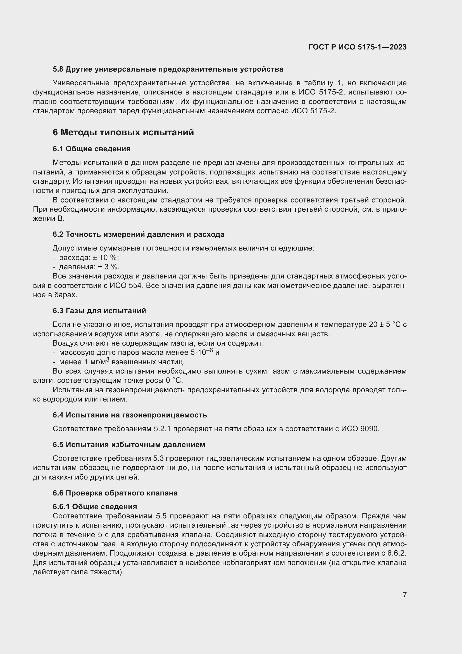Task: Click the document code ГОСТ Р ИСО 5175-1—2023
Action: pos(357,47)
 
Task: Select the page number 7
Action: pos(404,595)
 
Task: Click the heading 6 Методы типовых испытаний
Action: pos(123,133)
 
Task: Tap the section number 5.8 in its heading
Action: pos(58,69)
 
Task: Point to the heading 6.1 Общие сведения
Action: pos(92,149)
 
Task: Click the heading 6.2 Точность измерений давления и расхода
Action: pos(138,234)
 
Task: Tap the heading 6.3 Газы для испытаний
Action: pos(99,311)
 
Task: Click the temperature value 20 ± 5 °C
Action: pos(384,325)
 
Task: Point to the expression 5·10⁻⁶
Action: pos(202,352)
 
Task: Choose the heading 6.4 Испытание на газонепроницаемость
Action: pos(130,415)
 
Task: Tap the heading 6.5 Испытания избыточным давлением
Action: pos(128,445)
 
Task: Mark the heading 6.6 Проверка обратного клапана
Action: pos(115,493)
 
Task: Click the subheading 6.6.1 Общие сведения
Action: pos(95,507)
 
